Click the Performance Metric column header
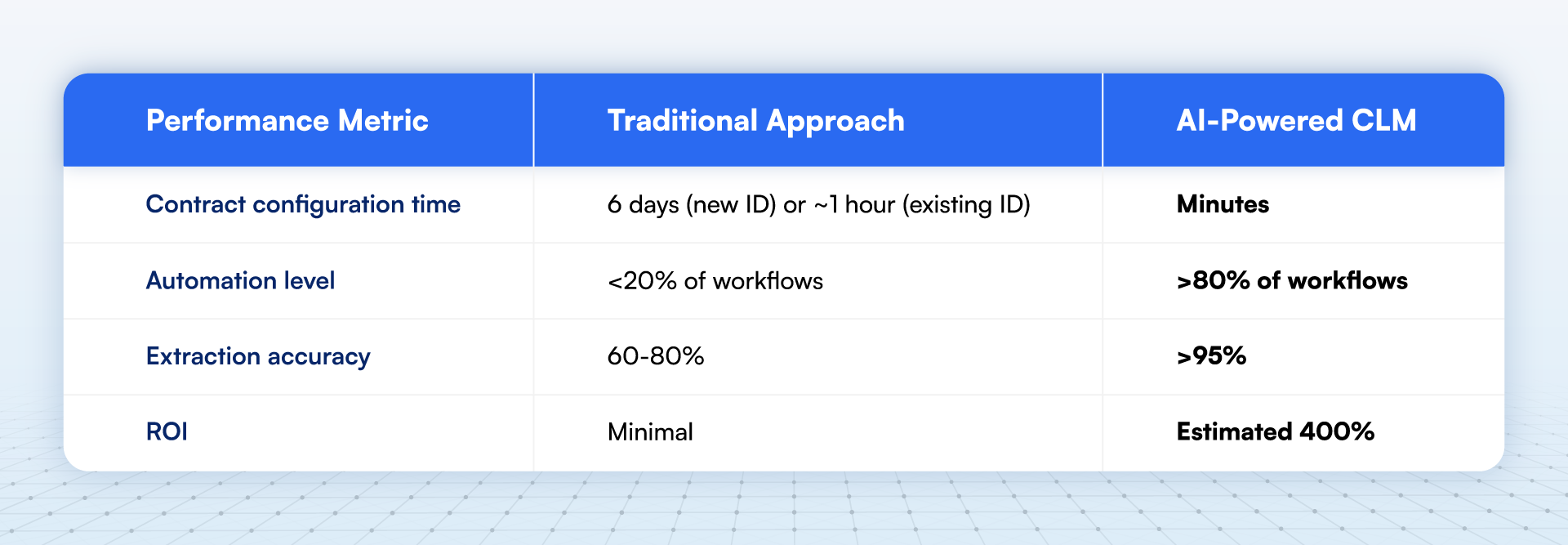(287, 121)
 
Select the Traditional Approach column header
(755, 121)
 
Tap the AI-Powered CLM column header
(1296, 121)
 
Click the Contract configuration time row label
(303, 204)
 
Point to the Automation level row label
(240, 281)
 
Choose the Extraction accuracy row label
(258, 356)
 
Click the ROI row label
(167, 431)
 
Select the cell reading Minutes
(1223, 204)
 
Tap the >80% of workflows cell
(1292, 281)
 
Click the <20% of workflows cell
(715, 281)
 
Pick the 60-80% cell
(655, 356)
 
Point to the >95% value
(1211, 356)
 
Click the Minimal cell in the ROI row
(650, 431)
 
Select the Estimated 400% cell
(1275, 431)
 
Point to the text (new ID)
(731, 204)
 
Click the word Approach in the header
(835, 121)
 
